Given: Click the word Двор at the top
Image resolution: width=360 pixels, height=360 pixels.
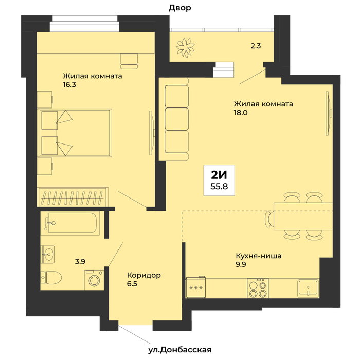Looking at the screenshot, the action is tap(180, 8).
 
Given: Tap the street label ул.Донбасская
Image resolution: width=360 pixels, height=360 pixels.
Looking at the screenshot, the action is tap(180, 350).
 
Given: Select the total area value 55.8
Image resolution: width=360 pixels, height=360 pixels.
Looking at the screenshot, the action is tap(219, 186).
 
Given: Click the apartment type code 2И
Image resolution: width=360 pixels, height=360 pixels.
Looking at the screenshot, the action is tap(219, 175).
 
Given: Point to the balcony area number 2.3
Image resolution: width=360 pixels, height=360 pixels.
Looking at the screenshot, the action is tap(256, 46).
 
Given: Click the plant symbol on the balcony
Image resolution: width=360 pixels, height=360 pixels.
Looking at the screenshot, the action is tap(185, 47).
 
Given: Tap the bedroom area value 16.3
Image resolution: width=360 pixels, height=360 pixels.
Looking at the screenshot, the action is tap(69, 85).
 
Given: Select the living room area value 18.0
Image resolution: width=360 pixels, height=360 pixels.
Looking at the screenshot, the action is tap(241, 113).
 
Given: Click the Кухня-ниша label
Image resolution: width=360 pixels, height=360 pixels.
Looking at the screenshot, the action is tap(259, 256).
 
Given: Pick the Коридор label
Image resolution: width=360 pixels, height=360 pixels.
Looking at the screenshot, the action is tap(143, 275).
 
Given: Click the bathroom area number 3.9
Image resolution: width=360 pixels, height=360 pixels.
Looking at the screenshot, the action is tap(80, 261).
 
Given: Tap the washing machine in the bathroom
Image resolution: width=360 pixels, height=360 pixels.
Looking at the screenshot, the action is tap(94, 280).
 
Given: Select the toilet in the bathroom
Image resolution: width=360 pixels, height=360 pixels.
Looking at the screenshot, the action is tap(51, 277).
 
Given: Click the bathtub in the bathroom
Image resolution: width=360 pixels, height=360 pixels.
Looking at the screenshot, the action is tap(70, 223).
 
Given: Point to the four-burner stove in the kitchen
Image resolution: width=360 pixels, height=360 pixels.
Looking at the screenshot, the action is tap(258, 288).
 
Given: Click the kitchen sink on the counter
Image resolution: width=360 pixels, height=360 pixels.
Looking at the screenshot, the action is tap(308, 288).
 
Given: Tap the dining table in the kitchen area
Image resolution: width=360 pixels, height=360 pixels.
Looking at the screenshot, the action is tap(303, 217).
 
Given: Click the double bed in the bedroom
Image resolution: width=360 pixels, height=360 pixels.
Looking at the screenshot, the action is tap(76, 133).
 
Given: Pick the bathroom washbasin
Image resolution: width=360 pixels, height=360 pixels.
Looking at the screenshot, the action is tap(48, 254).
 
